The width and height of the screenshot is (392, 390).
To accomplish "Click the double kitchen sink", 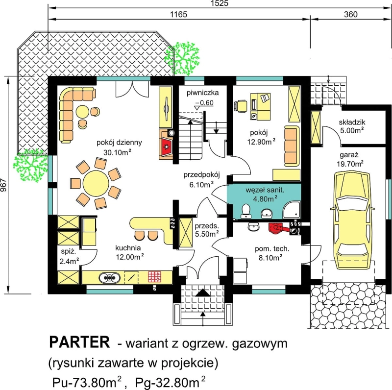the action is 109,277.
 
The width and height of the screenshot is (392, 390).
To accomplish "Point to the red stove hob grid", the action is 155,277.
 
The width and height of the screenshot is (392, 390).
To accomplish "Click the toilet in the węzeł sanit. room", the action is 246,211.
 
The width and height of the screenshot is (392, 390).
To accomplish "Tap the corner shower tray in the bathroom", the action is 292,210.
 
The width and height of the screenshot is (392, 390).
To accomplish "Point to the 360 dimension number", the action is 350,15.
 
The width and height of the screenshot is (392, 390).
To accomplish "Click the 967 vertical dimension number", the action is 3,185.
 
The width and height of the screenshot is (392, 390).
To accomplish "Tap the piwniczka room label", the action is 203,93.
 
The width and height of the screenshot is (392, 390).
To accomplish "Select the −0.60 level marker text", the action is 204,103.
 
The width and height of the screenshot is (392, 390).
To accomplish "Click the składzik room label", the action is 352,122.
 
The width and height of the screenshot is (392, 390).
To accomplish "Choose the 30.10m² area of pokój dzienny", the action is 117,152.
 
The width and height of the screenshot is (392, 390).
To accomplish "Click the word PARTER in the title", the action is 79,342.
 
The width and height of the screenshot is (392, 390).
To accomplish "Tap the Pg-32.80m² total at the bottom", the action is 170,383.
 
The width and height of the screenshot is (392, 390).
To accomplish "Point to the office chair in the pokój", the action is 241,105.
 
